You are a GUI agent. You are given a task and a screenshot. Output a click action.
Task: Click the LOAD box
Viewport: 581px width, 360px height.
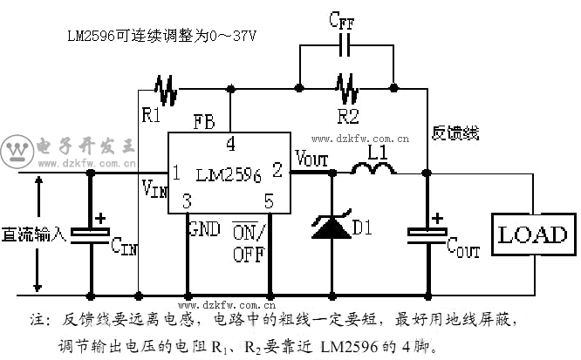(x=532, y=234)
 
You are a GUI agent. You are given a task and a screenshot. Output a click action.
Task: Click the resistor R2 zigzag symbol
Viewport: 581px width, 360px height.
(x=345, y=88)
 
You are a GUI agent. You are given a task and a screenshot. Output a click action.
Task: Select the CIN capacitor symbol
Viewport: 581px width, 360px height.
(x=90, y=232)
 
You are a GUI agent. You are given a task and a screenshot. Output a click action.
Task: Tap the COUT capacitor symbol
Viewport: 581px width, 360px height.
(x=427, y=232)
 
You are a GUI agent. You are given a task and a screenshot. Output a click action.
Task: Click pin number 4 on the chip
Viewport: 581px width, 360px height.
(x=230, y=144)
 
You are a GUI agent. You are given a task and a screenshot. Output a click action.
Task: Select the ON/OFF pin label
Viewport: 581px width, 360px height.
(x=251, y=243)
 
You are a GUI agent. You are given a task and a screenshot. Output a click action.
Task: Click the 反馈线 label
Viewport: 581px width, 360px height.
(x=455, y=133)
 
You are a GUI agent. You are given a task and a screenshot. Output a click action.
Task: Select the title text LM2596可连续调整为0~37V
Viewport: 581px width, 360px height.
(x=163, y=37)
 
